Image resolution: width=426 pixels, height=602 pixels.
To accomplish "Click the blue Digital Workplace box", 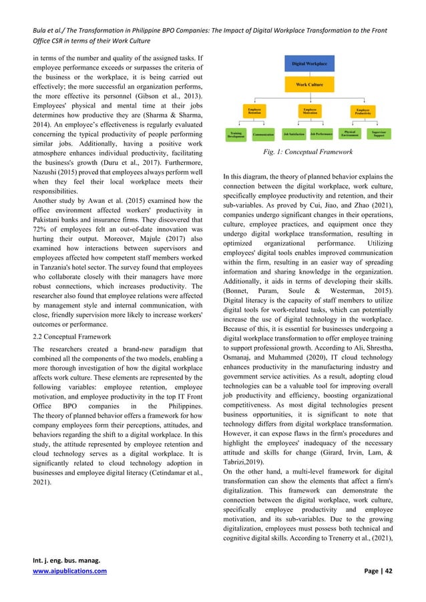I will (x=309, y=64).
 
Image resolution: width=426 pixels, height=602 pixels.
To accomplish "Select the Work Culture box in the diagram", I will (x=309, y=85).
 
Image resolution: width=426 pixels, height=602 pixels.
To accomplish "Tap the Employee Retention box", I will (x=254, y=110).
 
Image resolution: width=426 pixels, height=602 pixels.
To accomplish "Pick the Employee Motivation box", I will (x=310, y=110).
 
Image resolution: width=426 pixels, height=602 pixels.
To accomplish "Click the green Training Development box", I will (x=236, y=134).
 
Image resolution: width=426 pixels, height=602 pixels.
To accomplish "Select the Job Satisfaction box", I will (x=294, y=134).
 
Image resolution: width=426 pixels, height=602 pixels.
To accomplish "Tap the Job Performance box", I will (x=322, y=134).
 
